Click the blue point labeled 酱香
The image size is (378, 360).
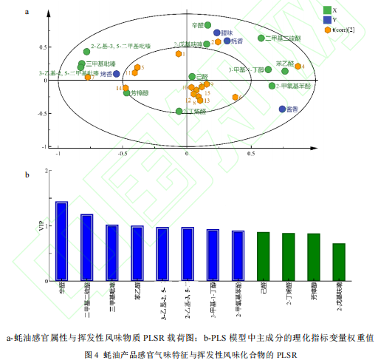283,109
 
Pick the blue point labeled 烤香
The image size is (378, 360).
118,74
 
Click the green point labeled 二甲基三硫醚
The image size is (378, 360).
261,38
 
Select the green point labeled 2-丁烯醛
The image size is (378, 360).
179,111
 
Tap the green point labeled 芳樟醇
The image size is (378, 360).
127,93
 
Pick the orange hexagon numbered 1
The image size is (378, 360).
179,54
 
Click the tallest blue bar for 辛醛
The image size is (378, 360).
62,241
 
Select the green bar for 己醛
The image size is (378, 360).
263,256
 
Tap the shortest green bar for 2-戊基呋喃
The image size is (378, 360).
338,262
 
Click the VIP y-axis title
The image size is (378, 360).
41,225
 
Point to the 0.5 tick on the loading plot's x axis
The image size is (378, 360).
251,156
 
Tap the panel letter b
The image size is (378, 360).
27,175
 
